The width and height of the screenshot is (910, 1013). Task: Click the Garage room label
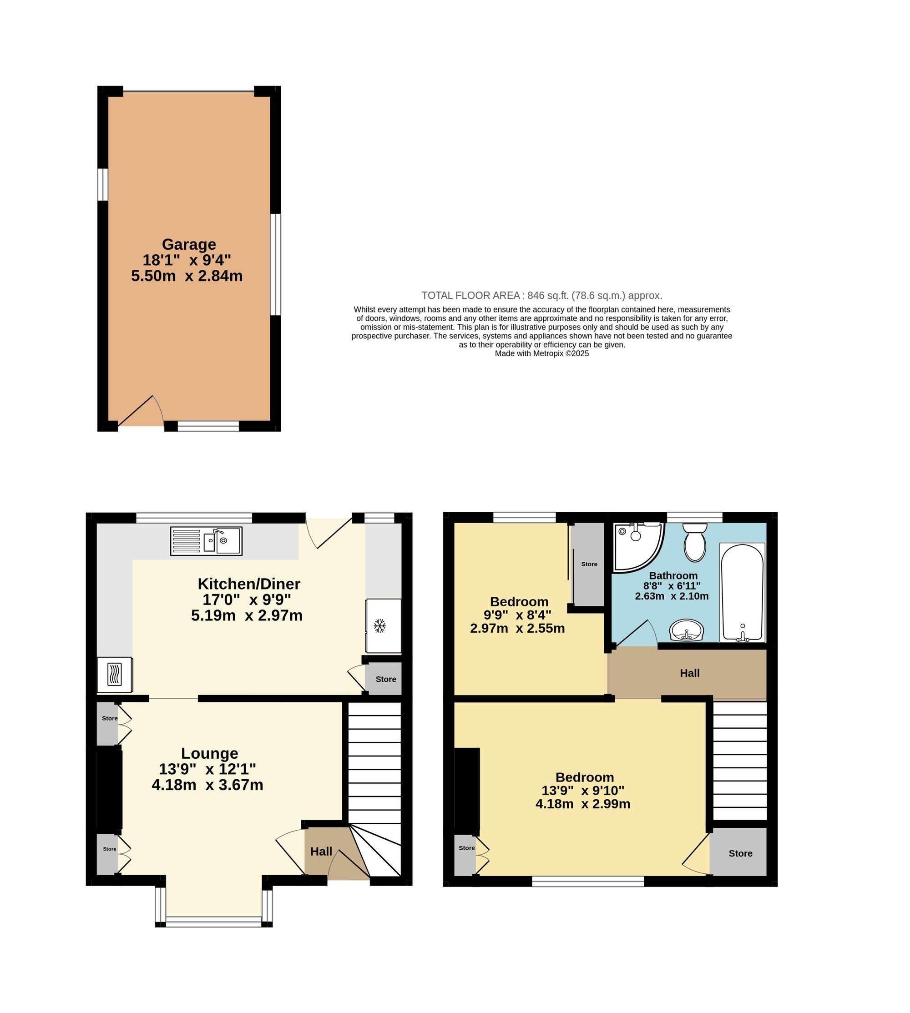pyautogui.click(x=189, y=244)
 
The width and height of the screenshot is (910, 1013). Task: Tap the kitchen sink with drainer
pyautogui.click(x=206, y=541)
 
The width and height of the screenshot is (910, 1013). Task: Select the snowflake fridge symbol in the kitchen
pyautogui.click(x=379, y=626)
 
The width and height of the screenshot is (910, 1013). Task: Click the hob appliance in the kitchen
pyautogui.click(x=115, y=675)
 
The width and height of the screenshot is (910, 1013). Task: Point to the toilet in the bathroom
pyautogui.click(x=694, y=542)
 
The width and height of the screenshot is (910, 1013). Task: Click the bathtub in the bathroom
pyautogui.click(x=743, y=593)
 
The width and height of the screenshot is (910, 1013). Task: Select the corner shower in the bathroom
pyautogui.click(x=638, y=547)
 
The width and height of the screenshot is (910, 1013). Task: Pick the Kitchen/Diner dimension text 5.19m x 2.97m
pyautogui.click(x=247, y=616)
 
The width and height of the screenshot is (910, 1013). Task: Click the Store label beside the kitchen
pyautogui.click(x=386, y=679)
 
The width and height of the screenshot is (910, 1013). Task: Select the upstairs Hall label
pyautogui.click(x=689, y=673)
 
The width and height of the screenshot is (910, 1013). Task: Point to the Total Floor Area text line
pyautogui.click(x=541, y=295)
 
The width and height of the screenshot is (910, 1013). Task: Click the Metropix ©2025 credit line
pyautogui.click(x=542, y=353)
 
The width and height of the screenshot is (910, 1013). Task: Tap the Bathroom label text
pyautogui.click(x=673, y=576)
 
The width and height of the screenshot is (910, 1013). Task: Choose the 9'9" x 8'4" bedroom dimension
pyautogui.click(x=517, y=615)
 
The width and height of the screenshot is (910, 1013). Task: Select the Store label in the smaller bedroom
pyautogui.click(x=590, y=564)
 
